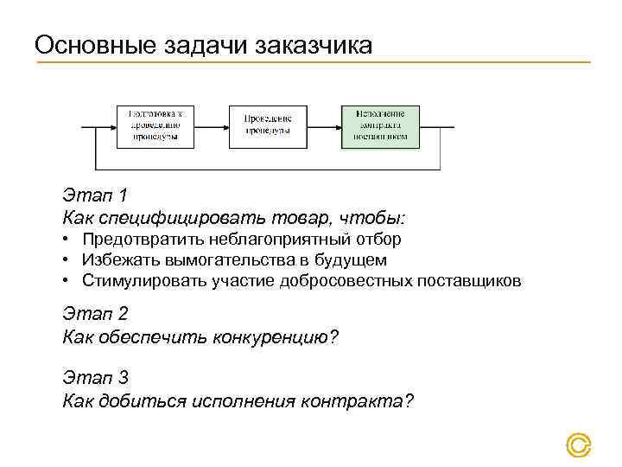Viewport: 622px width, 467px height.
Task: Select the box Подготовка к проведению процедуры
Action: (x=155, y=126)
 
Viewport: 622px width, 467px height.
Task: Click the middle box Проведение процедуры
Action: (x=268, y=126)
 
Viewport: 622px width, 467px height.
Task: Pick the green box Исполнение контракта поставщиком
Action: (x=380, y=126)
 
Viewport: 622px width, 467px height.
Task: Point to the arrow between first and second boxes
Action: (x=212, y=126)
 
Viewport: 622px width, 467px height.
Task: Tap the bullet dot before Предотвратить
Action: (x=67, y=240)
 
